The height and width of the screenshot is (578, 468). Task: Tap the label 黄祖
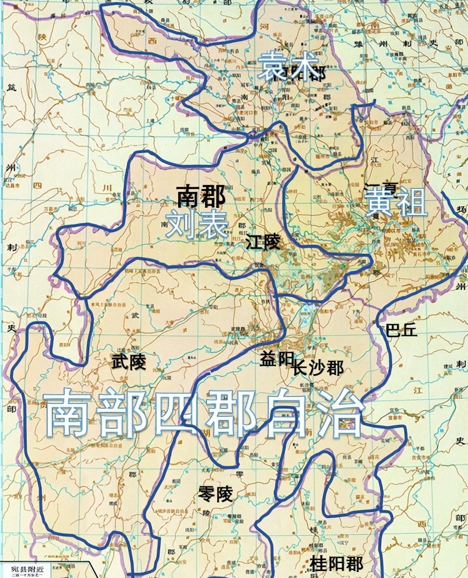(396, 203)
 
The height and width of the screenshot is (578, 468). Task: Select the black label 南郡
(201, 197)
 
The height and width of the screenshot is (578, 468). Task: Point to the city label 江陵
(263, 243)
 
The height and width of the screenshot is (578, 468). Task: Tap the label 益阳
(275, 359)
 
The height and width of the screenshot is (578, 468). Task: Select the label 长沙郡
(318, 369)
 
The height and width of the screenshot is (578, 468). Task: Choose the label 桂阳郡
(336, 564)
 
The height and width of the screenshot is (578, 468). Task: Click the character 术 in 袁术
(298, 68)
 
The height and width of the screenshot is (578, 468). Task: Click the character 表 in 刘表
(212, 225)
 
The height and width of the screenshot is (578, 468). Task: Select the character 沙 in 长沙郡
(318, 369)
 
